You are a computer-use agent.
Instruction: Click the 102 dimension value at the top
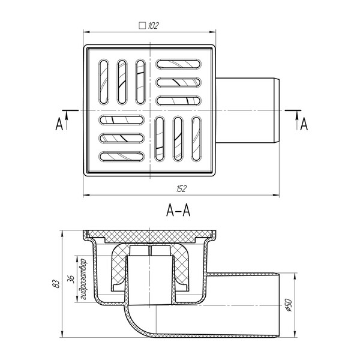[x=153, y=25]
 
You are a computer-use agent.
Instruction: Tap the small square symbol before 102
[x=142, y=25]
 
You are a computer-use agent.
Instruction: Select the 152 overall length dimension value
[x=181, y=189]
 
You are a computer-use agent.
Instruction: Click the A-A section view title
[x=178, y=211]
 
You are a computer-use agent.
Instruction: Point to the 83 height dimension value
[x=56, y=284]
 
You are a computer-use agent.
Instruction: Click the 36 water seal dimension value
[x=71, y=279]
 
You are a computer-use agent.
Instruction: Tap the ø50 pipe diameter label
[x=289, y=305]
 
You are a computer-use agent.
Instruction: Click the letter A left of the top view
[x=59, y=124]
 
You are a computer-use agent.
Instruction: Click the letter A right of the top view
[x=304, y=124]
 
